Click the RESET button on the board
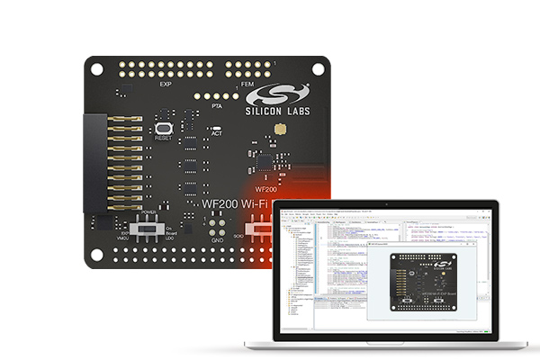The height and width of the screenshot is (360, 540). (x=164, y=124)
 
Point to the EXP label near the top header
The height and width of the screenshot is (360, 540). (x=165, y=85)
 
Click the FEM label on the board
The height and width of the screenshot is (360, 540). (x=248, y=85)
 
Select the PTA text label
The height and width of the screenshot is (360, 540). (x=216, y=106)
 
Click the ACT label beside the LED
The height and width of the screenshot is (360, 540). (x=216, y=134)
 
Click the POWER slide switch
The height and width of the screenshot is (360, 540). (x=144, y=229)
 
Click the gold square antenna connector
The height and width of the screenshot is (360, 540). (x=280, y=131)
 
